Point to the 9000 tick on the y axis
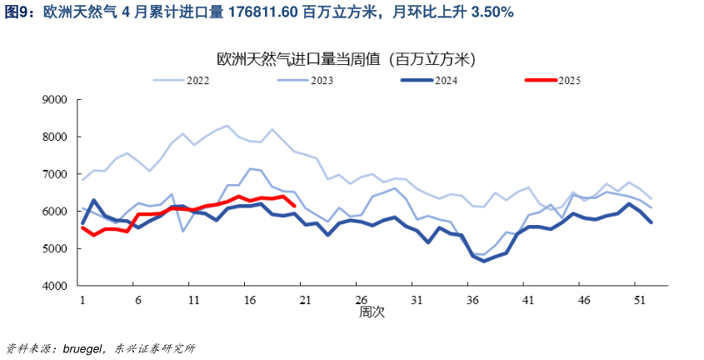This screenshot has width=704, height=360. tap(54, 99)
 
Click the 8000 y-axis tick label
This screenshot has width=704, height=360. tap(54, 137)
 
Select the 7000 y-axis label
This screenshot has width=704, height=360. tap(54, 174)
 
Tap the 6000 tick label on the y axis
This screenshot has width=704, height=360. tap(54, 212)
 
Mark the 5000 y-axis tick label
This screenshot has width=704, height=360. tap(54, 248)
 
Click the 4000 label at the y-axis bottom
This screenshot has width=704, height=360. tap(54, 286)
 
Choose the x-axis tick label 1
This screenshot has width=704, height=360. tap(82, 299)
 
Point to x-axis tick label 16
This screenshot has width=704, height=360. tap(247, 299)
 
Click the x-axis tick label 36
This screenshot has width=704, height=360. tap(472, 299)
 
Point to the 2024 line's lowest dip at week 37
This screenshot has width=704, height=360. tap(483, 261)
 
